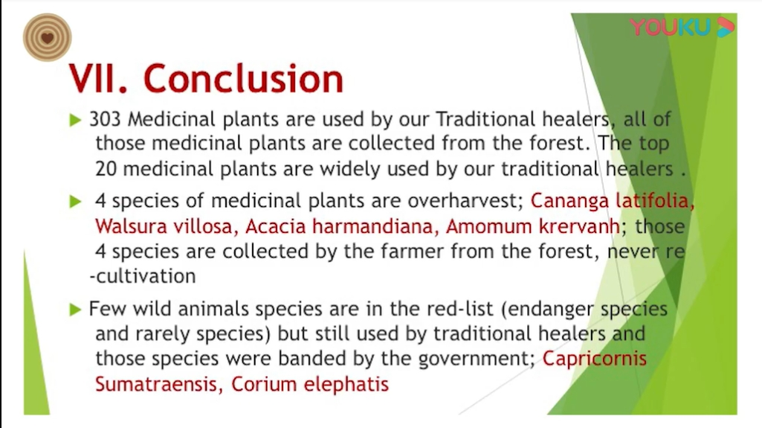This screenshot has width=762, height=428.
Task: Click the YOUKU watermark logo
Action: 682,28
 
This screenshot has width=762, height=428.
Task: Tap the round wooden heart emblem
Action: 47,37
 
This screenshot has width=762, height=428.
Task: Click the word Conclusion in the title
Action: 244,78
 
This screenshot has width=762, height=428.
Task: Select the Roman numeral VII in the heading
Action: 97,78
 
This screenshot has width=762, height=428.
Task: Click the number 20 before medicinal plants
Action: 106,169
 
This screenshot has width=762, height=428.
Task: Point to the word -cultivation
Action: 143,276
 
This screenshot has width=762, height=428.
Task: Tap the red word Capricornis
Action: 594,360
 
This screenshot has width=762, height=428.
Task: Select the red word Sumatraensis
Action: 156,384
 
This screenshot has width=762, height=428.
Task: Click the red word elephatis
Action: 346,385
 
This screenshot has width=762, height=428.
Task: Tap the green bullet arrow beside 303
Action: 75,120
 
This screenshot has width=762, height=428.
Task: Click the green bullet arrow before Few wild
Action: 75,310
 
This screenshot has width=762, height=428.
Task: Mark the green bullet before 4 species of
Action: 75,202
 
